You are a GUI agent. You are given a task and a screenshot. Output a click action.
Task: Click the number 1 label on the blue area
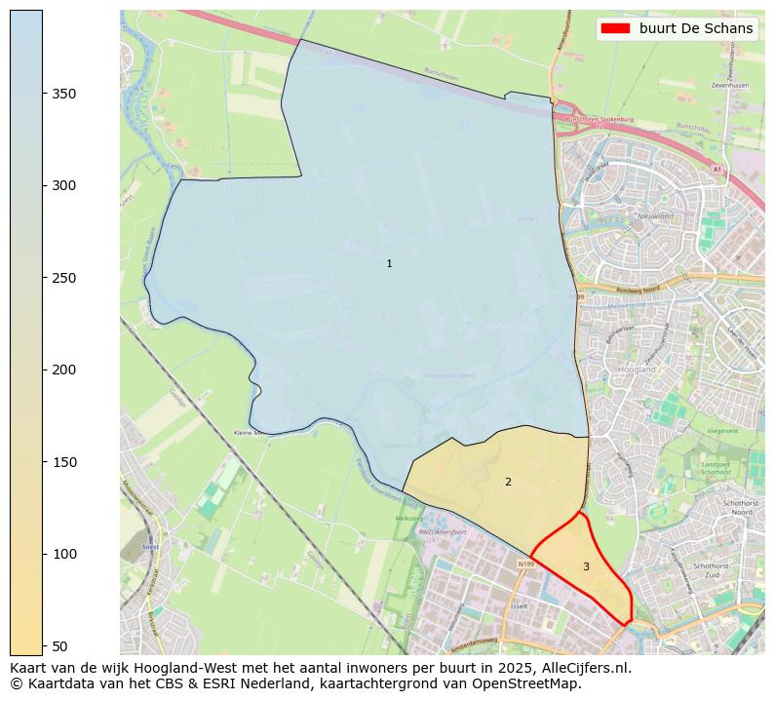tap(389, 264)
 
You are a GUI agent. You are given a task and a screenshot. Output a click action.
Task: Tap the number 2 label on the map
tap(508, 482)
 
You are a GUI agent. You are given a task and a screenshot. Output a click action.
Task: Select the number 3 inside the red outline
tap(586, 566)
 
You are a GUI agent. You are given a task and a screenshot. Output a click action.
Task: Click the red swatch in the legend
tap(616, 28)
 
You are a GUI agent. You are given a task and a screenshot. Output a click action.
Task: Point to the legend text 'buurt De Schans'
tap(696, 28)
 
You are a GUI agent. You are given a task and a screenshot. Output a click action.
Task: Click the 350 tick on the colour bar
tap(63, 94)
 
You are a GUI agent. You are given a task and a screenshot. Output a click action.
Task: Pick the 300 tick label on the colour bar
tap(63, 185)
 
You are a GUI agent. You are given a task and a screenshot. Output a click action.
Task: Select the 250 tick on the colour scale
tap(63, 278)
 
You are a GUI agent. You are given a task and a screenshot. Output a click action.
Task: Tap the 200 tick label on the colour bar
tap(63, 370)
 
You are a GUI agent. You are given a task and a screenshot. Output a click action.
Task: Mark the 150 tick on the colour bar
tap(63, 462)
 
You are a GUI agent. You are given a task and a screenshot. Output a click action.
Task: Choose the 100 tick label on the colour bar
tap(63, 554)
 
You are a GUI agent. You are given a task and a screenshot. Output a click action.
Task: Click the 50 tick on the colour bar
tap(59, 645)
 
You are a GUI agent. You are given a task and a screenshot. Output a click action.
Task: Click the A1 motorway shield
tap(717, 170)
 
